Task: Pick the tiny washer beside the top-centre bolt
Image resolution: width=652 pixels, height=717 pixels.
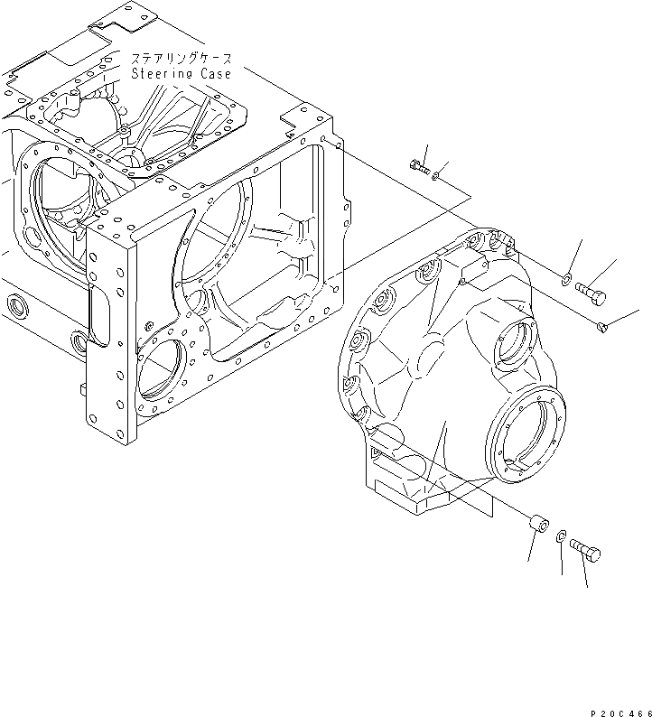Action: point(436,177)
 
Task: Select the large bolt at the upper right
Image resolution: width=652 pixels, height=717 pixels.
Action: point(591,292)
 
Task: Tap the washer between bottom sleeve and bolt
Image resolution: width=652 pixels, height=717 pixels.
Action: point(562,537)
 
